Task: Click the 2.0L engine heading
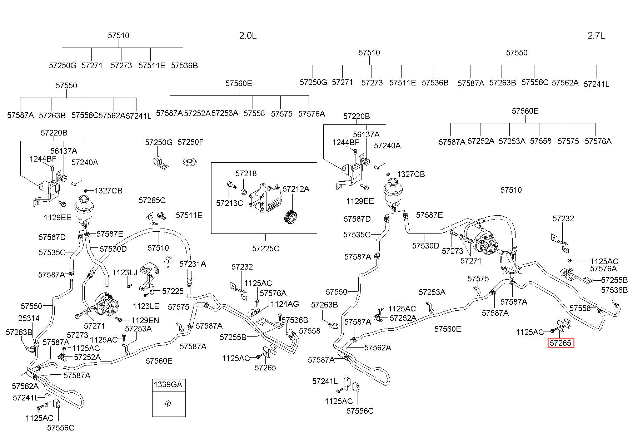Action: (248, 35)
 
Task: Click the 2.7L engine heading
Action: (596, 35)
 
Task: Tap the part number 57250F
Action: (190, 142)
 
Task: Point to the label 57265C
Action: (152, 200)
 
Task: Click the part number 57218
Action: (246, 174)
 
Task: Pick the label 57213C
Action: (229, 203)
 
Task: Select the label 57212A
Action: (296, 189)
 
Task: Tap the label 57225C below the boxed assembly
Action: (265, 248)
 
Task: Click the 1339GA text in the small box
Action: (168, 385)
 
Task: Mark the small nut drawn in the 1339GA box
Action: (168, 404)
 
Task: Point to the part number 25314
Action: (29, 318)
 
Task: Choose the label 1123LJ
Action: (125, 273)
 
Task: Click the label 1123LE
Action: (145, 306)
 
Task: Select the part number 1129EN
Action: (145, 320)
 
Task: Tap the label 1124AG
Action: (285, 304)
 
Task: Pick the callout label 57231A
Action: (193, 264)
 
